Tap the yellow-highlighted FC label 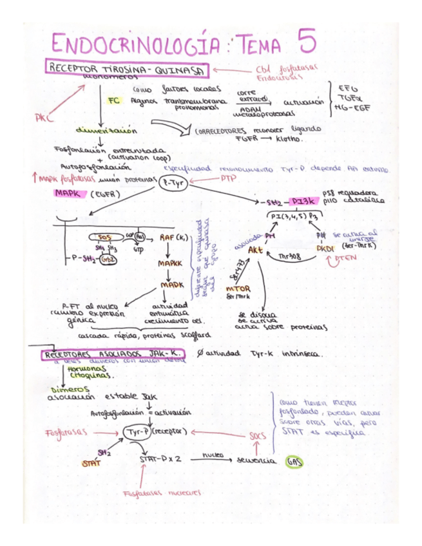(114, 100)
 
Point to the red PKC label (44, 118)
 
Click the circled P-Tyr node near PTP (171, 183)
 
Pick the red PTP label (228, 177)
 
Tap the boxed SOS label (103, 237)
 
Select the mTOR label (238, 288)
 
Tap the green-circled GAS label (294, 461)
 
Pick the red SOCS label (257, 436)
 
